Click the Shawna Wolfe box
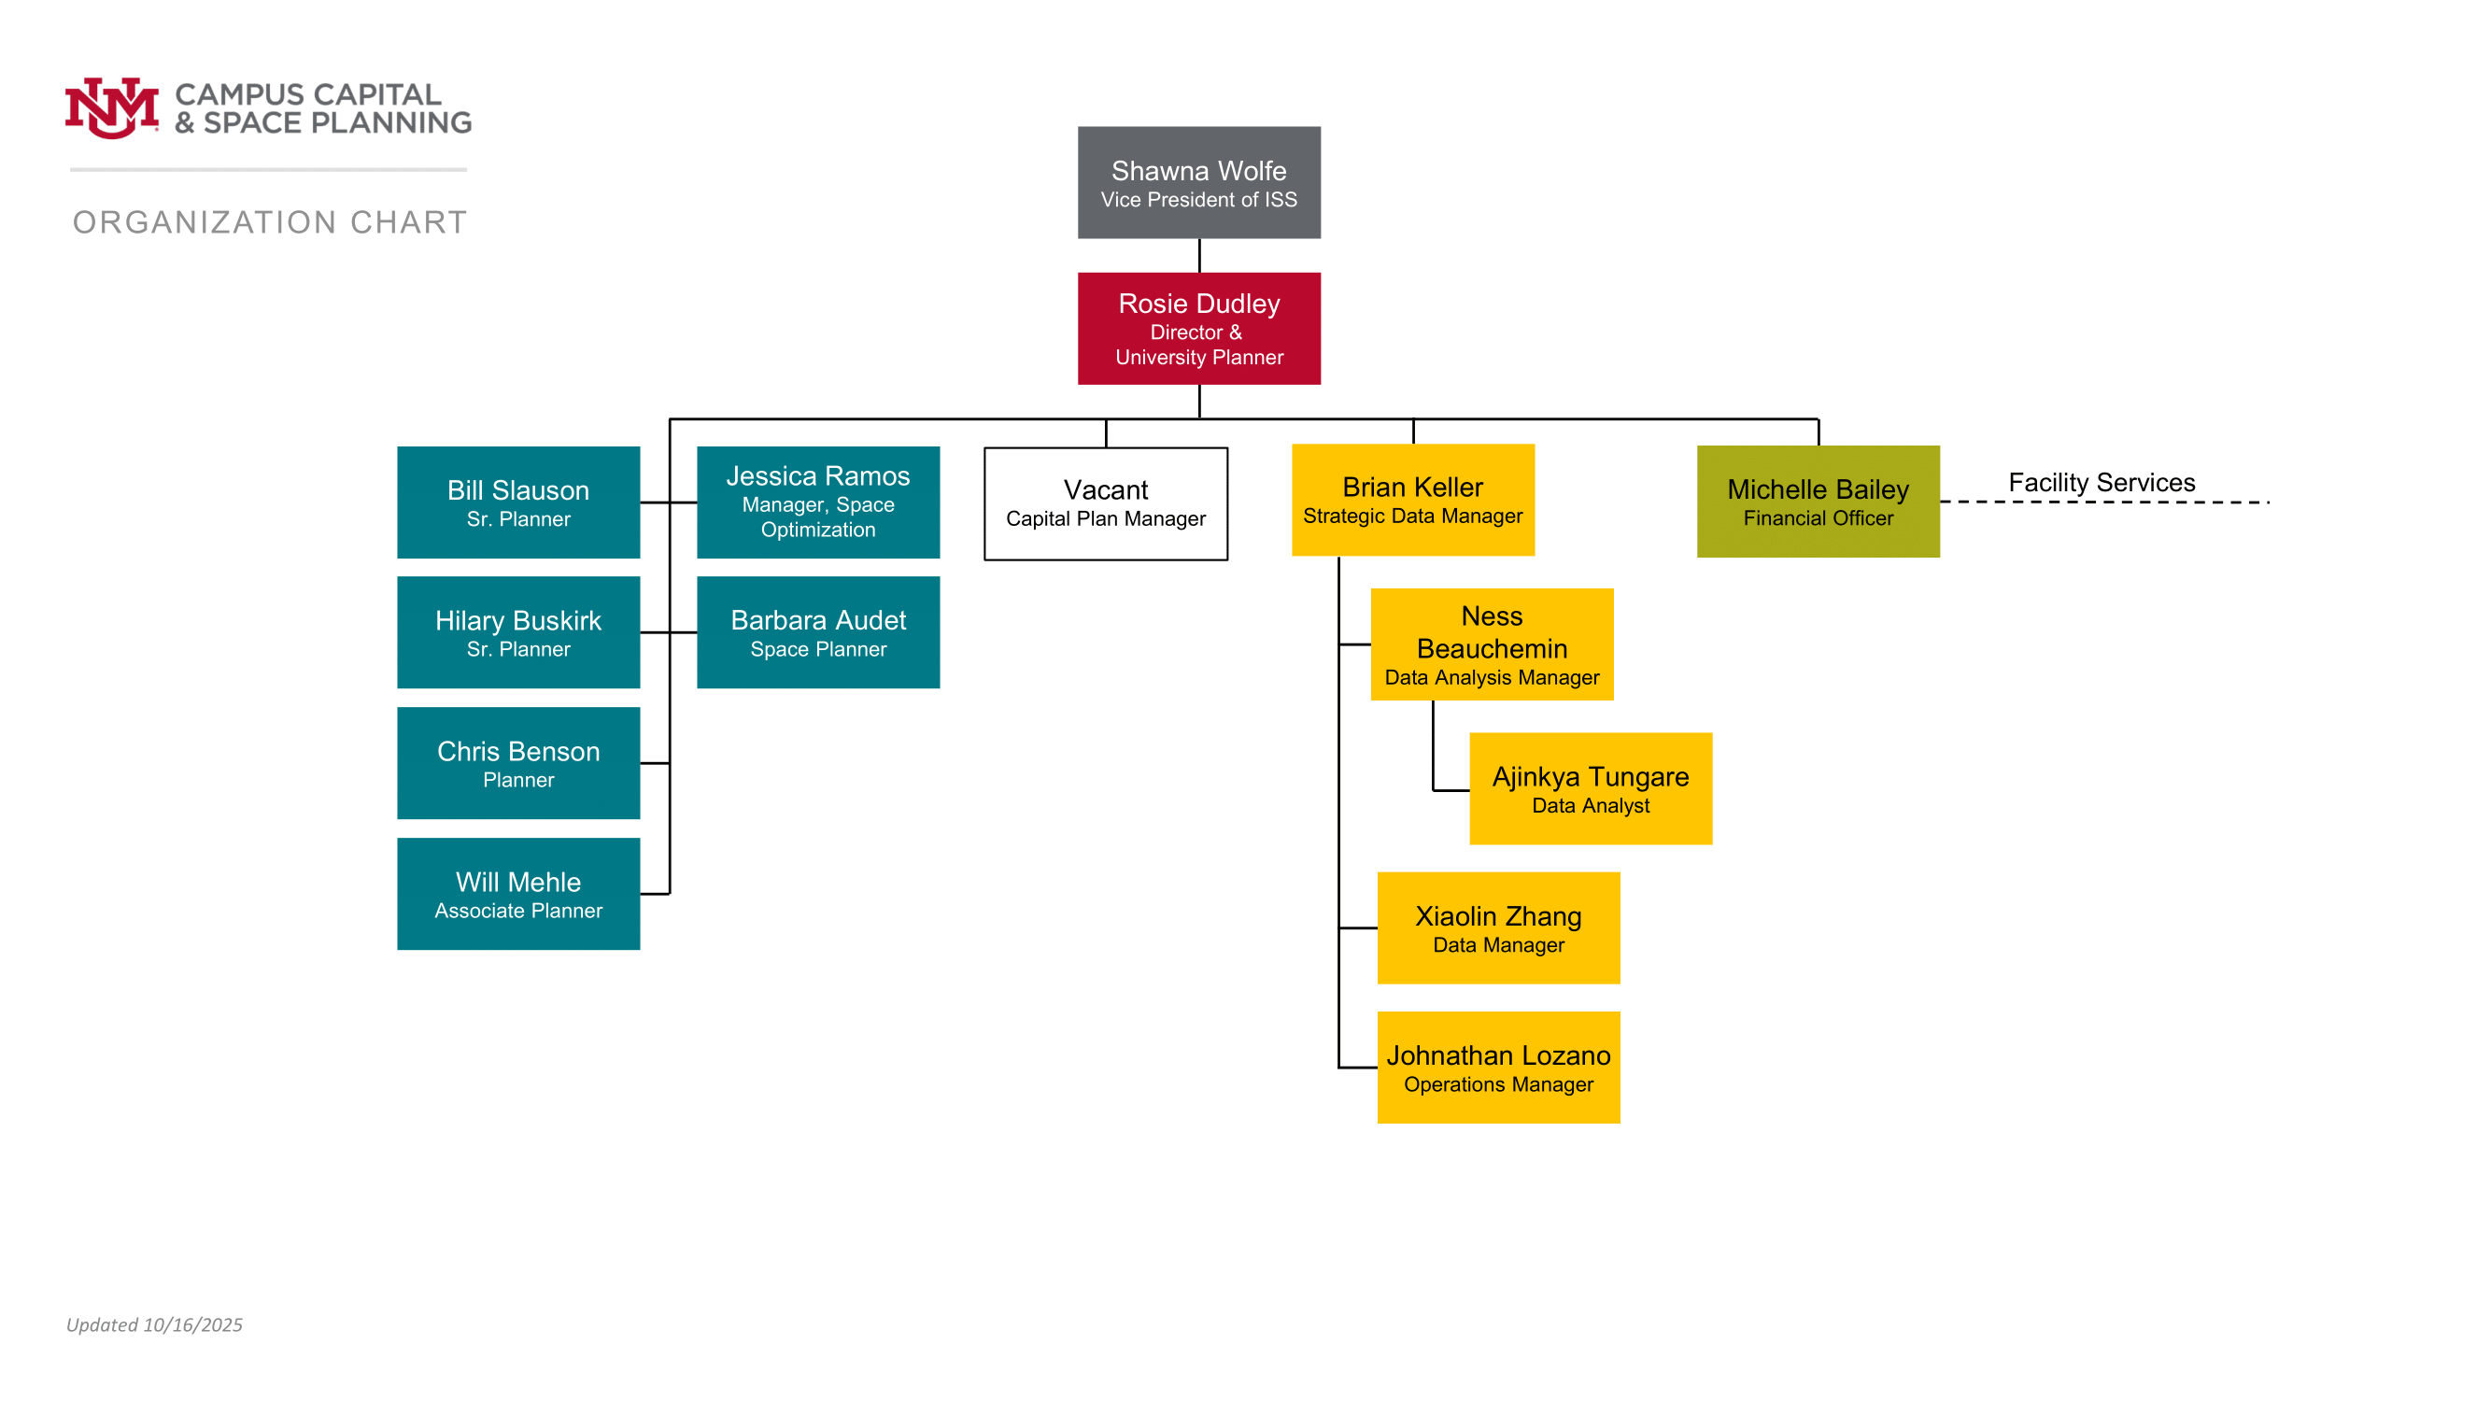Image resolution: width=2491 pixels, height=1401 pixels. tap(1199, 183)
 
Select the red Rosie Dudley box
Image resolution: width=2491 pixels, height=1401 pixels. tap(1199, 329)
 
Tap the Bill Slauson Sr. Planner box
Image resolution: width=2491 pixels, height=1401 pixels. tap(518, 502)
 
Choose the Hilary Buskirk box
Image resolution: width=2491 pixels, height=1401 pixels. tap(518, 632)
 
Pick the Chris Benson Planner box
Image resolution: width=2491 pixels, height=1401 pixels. tap(518, 763)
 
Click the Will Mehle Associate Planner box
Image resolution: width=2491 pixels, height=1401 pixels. tap(518, 894)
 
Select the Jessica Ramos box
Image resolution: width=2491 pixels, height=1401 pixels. tap(818, 502)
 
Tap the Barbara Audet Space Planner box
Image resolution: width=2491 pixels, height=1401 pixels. tap(818, 632)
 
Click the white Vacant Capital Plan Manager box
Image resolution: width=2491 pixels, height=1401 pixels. tap(1105, 503)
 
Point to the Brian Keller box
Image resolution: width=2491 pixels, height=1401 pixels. tap(1413, 500)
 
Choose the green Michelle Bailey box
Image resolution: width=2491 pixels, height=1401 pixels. tap(1818, 502)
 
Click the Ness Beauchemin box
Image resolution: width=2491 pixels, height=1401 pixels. tap(1493, 644)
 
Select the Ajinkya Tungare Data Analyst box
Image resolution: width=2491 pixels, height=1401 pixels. tap(1591, 789)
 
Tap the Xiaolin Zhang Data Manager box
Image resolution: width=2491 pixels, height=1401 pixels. tap(1498, 928)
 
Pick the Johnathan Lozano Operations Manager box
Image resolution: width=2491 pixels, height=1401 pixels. tap(1498, 1068)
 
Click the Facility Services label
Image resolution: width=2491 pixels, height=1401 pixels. tap(2102, 483)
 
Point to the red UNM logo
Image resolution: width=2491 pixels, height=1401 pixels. tap(111, 107)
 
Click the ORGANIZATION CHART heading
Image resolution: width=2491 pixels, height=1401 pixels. tap(270, 222)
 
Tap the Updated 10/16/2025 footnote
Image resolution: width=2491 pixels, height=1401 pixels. tap(155, 1324)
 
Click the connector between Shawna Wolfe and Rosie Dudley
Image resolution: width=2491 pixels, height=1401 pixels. tap(1199, 256)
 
